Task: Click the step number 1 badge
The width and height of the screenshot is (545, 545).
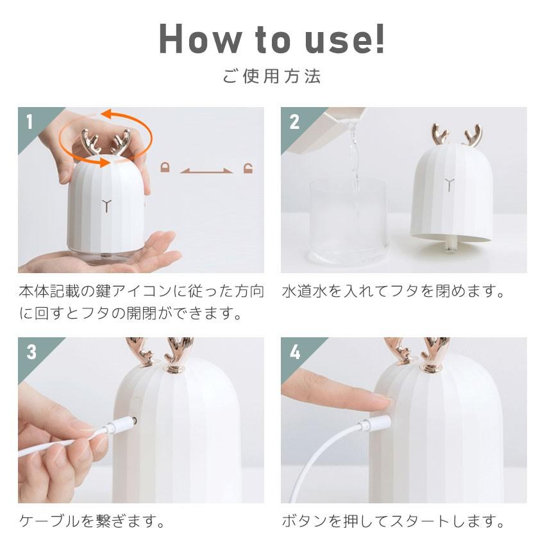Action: pos(29,122)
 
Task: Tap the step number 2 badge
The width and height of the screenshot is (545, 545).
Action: pos(294,122)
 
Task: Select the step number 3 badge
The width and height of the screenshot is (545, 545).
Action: pos(31,352)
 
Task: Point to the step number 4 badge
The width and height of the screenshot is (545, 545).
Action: pos(295,352)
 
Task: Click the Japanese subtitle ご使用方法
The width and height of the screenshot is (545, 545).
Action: pos(272,76)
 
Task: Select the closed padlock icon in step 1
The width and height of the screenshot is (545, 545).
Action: pos(165,167)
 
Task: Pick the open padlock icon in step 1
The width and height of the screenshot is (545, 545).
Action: pos(248,167)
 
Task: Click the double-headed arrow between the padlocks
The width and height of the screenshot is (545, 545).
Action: pos(206,171)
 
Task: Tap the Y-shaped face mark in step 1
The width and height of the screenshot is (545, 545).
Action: pos(106,206)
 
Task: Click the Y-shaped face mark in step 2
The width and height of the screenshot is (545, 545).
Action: pos(449,185)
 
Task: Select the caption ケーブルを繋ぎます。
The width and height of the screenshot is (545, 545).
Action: pos(92,521)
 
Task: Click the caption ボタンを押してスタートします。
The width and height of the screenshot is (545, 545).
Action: pos(393,521)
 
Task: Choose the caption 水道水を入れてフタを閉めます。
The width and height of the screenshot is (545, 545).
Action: pos(393,291)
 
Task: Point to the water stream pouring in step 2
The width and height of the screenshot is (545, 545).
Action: pos(355,156)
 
